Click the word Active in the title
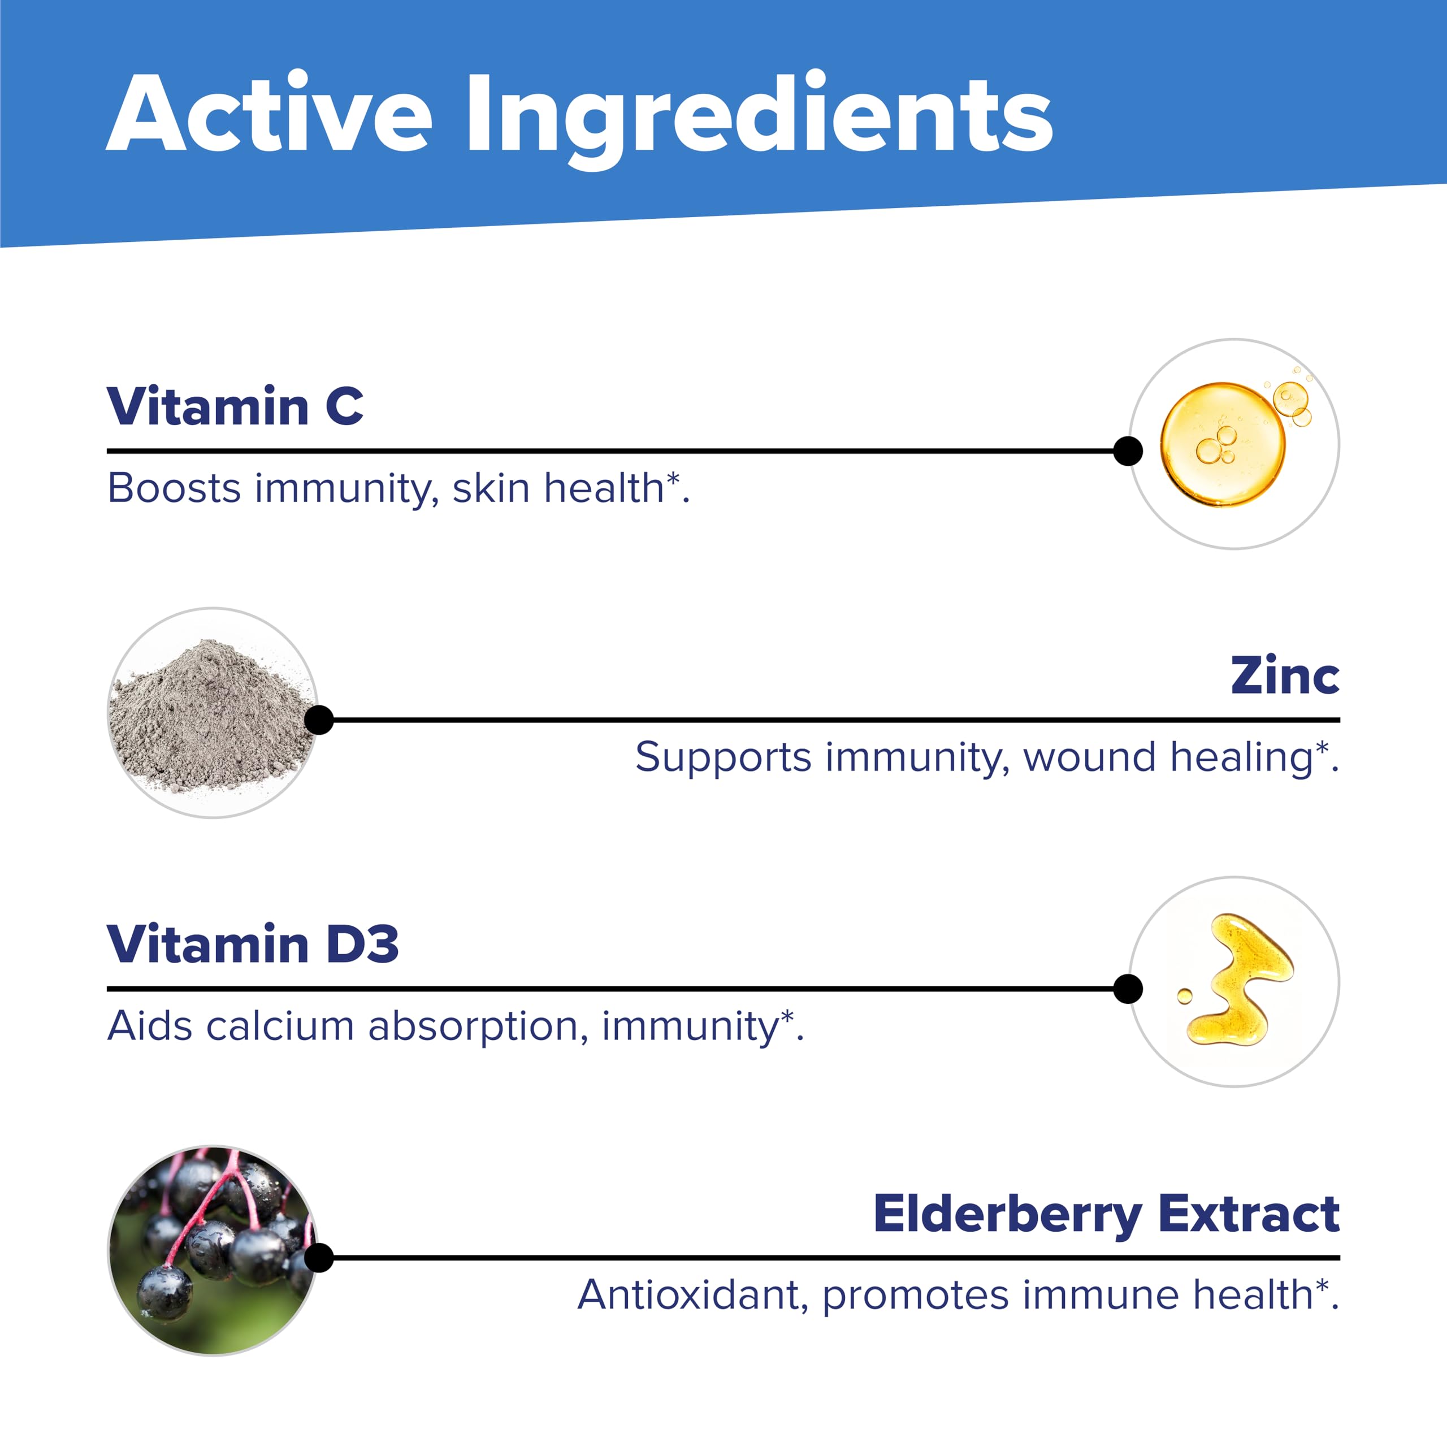click(x=270, y=114)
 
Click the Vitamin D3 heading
click(x=253, y=944)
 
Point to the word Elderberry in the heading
click(x=1007, y=1215)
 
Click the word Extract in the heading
click(x=1249, y=1214)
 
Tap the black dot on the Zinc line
click(x=319, y=720)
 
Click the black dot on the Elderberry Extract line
click(x=319, y=1258)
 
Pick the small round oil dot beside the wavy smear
click(x=1185, y=996)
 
